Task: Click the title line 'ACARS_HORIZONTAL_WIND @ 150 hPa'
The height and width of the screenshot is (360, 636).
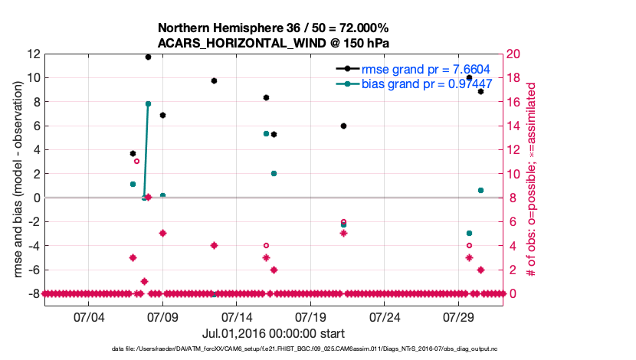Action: click(274, 42)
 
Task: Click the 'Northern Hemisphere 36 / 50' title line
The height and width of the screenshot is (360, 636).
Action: click(274, 28)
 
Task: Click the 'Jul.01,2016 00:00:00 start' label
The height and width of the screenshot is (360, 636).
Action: click(273, 333)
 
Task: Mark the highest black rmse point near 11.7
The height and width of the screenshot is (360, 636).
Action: click(148, 57)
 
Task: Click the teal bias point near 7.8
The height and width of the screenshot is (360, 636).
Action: click(148, 103)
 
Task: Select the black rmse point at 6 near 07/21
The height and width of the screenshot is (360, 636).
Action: click(343, 126)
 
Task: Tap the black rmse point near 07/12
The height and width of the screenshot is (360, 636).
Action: click(214, 80)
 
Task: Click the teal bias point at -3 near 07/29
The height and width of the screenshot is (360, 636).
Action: click(469, 233)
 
